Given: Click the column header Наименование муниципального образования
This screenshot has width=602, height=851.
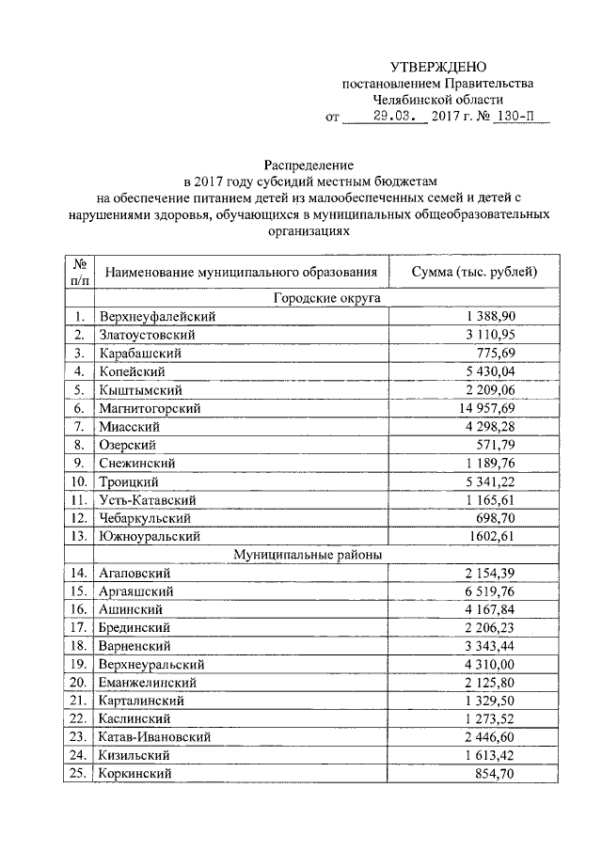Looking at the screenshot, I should tap(242, 272).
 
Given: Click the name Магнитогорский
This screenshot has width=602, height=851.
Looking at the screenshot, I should tap(150, 408).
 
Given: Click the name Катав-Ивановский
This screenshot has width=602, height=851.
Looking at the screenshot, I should tap(154, 737).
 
